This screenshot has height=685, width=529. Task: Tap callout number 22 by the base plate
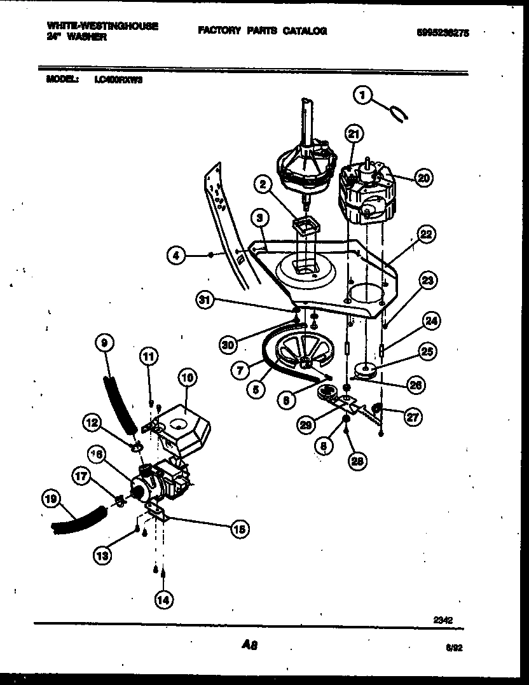pos(426,234)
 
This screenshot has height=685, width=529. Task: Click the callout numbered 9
pos(105,343)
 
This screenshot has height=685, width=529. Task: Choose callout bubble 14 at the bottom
pos(163,599)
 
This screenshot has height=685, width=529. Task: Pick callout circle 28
pos(357,461)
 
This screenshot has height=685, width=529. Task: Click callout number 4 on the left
pos(177,256)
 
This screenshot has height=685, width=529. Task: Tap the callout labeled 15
pos(240,528)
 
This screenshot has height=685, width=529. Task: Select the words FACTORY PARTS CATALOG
pos(262,31)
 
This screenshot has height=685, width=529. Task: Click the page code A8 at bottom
pos(249,645)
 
